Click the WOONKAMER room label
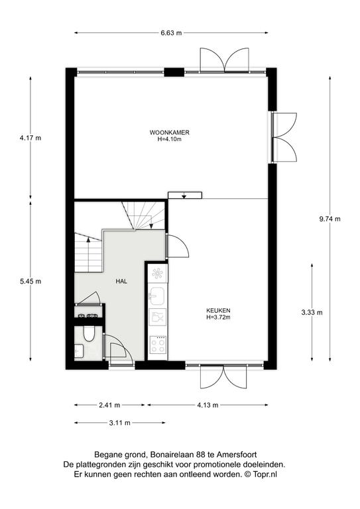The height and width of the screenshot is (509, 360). (170, 133)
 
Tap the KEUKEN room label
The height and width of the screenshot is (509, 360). (218, 311)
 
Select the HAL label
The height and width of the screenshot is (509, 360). (121, 282)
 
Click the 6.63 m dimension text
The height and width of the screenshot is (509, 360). (171, 32)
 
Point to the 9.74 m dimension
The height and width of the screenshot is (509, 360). (330, 219)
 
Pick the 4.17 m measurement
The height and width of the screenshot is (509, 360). (30, 138)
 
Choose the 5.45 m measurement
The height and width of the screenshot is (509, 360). (30, 282)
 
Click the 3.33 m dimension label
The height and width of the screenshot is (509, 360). (312, 313)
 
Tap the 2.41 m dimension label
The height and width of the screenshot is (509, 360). (109, 405)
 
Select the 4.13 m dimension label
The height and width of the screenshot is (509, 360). (208, 405)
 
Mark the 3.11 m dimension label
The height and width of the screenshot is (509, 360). (120, 423)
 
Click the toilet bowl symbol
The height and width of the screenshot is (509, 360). (88, 334)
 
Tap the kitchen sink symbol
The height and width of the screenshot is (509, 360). (157, 296)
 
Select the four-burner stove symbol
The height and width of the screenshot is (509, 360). (158, 345)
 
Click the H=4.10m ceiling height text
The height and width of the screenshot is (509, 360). (170, 139)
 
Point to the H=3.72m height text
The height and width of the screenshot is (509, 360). (218, 317)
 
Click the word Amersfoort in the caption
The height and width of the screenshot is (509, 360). (239, 455)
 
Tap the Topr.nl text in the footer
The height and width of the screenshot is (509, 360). (265, 475)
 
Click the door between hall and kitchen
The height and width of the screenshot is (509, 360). (177, 246)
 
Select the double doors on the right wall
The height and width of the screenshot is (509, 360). (284, 137)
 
